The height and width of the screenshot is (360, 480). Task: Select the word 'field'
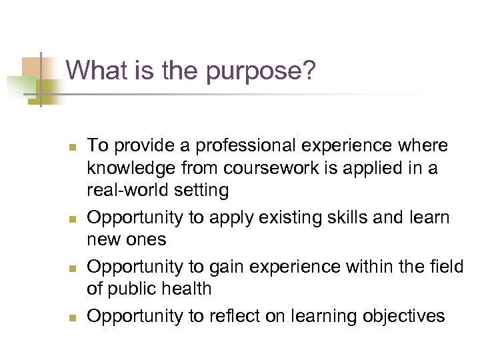445,267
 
